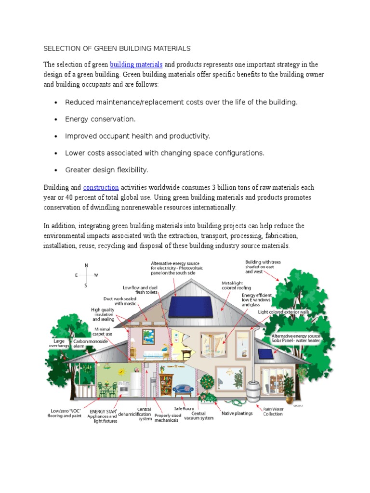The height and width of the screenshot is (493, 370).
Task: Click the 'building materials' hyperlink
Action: (136, 65)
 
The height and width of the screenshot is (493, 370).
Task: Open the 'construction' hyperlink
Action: (101, 187)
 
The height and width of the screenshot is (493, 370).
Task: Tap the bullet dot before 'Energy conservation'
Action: (56, 119)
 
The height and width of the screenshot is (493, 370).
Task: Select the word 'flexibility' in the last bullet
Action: (131, 170)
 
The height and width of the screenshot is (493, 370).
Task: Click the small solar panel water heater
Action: (265, 354)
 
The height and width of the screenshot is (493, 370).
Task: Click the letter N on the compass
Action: (86, 265)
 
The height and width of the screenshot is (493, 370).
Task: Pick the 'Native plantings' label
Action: (237, 414)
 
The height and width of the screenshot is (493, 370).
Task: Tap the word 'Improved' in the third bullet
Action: (79, 136)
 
